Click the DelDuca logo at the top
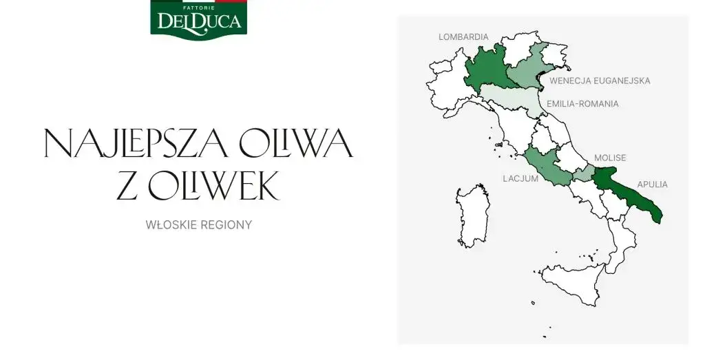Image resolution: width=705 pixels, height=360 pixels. (x=198, y=19)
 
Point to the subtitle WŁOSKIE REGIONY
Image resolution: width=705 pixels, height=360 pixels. (x=198, y=225)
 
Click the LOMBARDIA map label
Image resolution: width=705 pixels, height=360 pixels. (x=463, y=36)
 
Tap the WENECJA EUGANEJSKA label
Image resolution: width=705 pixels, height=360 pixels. (x=600, y=81)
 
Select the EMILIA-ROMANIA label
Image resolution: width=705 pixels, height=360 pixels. (x=582, y=104)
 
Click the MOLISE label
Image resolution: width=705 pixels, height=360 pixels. (x=610, y=158)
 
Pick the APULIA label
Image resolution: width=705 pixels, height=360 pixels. (x=652, y=184)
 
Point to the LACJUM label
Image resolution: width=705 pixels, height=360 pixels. (x=519, y=178)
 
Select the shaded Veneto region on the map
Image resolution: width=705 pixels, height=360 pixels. (x=527, y=74)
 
